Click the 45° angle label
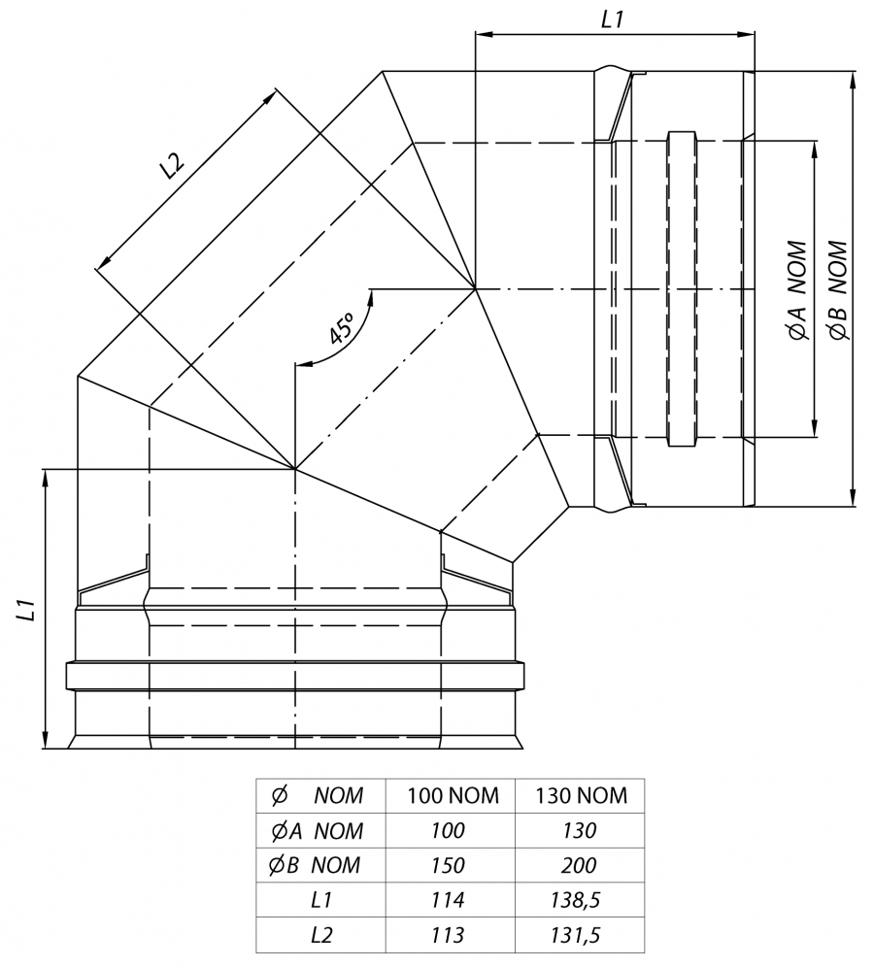coord(341,327)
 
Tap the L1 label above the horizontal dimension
coord(613,20)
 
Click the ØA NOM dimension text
coord(797,290)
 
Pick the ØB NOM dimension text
coord(838,290)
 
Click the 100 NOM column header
coord(453,795)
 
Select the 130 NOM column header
coord(581,795)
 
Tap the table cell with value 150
coord(448,865)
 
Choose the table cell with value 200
coord(579,865)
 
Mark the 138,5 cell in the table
coord(576,901)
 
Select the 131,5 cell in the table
coord(576,936)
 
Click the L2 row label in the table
coord(321,935)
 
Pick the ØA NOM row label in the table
coord(317,831)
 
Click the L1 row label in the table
coord(321,900)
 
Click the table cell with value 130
coord(579,831)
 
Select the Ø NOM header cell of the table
coord(317,795)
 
